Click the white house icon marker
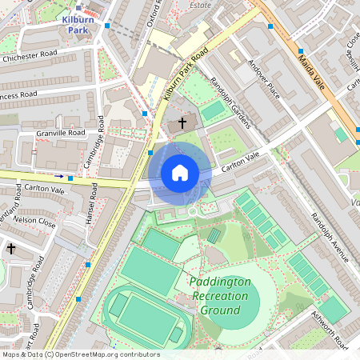click(180, 173)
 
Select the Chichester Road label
click(30, 58)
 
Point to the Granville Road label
click(60, 133)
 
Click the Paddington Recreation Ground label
click(220, 296)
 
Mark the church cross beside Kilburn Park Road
click(182, 123)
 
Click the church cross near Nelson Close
click(11, 249)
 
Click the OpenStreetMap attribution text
click(80, 354)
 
